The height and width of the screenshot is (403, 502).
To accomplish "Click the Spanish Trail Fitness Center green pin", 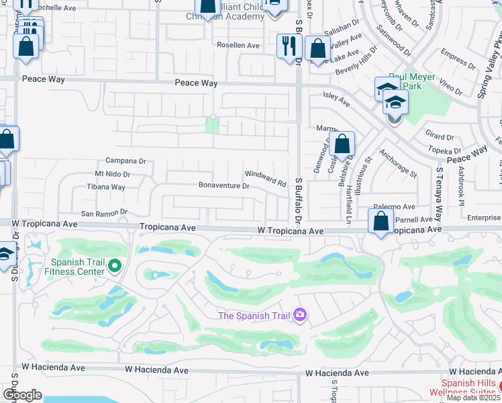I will pos(114,267).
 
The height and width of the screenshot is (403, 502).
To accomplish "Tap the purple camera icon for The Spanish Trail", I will pos(300,314).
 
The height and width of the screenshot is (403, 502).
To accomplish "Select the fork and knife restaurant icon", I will pos(287,46).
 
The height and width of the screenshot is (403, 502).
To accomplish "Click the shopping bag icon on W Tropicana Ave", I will pos(381,221).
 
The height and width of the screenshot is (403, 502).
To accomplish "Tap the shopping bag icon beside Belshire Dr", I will pos(342,144).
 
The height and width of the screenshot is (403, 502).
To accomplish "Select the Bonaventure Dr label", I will pos(223,185).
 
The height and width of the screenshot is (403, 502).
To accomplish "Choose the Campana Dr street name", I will pos(125,161).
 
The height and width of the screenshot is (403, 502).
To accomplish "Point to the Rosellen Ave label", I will pos(238,45).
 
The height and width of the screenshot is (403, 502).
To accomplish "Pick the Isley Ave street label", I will pos(336,100).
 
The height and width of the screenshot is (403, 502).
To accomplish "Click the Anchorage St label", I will pos(397,163).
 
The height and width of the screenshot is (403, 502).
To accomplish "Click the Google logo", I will pos(22,395).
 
